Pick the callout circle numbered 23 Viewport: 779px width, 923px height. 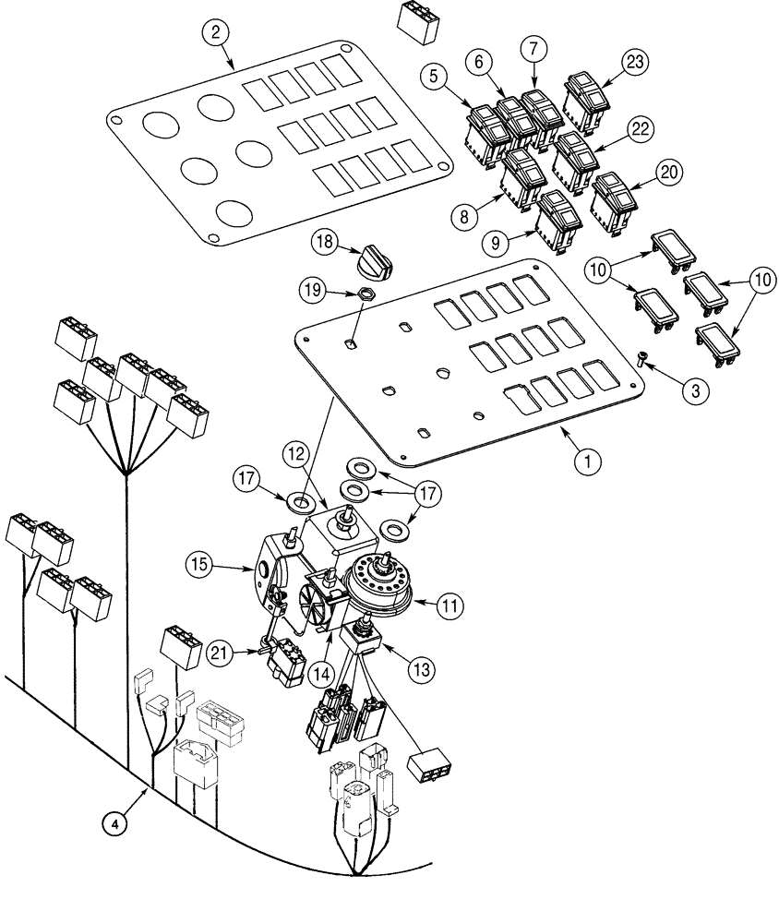click(x=634, y=63)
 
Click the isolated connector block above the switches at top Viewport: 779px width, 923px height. click(x=416, y=21)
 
